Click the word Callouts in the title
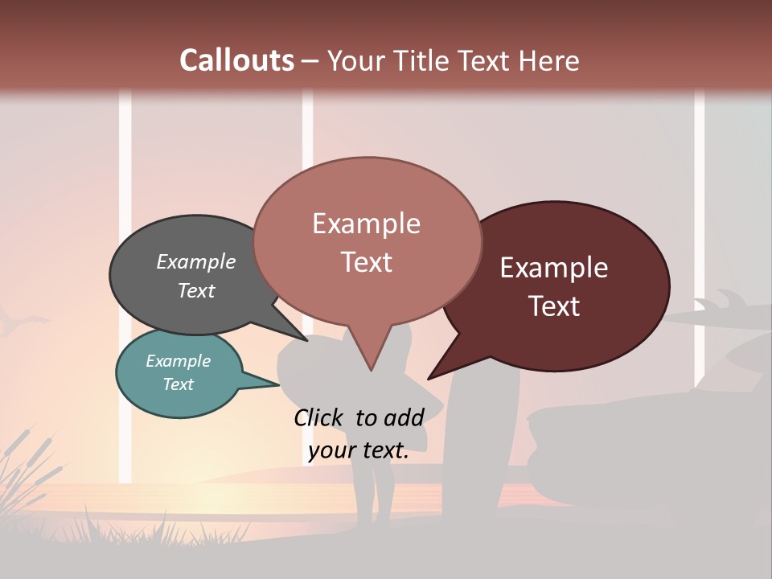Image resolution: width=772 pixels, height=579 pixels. pyautogui.click(x=236, y=60)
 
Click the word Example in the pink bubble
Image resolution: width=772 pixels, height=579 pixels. pyautogui.click(x=366, y=224)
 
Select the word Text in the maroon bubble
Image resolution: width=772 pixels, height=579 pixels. pyautogui.click(x=555, y=306)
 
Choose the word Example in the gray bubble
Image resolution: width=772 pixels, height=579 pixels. pyautogui.click(x=196, y=262)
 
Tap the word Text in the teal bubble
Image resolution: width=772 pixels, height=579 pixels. pyautogui.click(x=179, y=384)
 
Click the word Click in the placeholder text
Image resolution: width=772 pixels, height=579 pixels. pyautogui.click(x=320, y=417)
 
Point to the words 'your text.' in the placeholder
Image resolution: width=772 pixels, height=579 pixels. pyautogui.click(x=359, y=450)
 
